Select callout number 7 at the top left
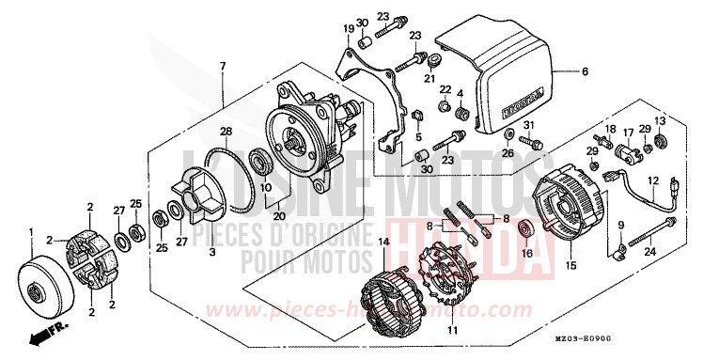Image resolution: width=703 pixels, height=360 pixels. [x=223, y=66]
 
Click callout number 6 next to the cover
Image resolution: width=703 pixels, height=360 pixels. [x=584, y=71]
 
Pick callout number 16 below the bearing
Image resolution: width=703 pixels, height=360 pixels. [x=526, y=253]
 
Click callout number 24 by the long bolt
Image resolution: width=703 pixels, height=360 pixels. [x=648, y=251]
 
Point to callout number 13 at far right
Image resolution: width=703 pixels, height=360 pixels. [x=660, y=120]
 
